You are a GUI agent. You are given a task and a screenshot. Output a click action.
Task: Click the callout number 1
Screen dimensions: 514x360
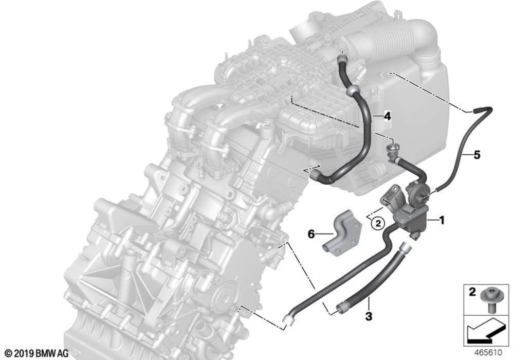[x=442, y=220]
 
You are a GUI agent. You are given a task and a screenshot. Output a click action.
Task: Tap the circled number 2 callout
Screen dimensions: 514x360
[x=378, y=224]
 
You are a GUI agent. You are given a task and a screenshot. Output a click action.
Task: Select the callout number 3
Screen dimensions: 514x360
[x=369, y=316]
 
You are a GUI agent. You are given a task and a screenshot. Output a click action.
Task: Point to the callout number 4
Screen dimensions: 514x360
[x=388, y=116]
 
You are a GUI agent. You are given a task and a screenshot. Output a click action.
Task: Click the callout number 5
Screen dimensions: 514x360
[x=476, y=154]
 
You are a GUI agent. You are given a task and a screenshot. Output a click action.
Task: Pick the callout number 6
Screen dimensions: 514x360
[x=311, y=234]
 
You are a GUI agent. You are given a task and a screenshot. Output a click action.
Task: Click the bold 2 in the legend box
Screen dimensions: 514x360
[x=472, y=292]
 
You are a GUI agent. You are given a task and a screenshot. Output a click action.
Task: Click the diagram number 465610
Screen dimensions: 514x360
[x=488, y=353]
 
